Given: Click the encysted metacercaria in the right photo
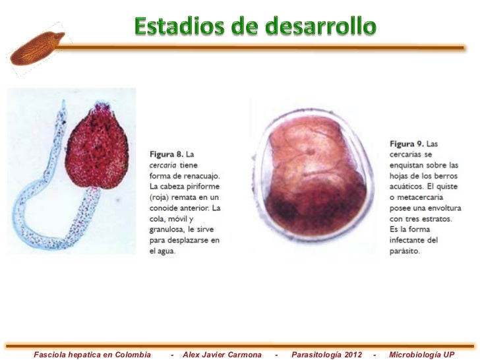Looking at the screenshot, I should point(314,178).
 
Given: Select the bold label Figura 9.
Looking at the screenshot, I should point(403,143).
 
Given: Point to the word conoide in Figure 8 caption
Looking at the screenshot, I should point(164,208).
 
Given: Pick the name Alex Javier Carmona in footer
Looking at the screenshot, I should point(222,354).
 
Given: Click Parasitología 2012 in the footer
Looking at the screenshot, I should point(326,354).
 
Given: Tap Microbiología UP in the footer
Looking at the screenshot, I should point(422,354).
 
